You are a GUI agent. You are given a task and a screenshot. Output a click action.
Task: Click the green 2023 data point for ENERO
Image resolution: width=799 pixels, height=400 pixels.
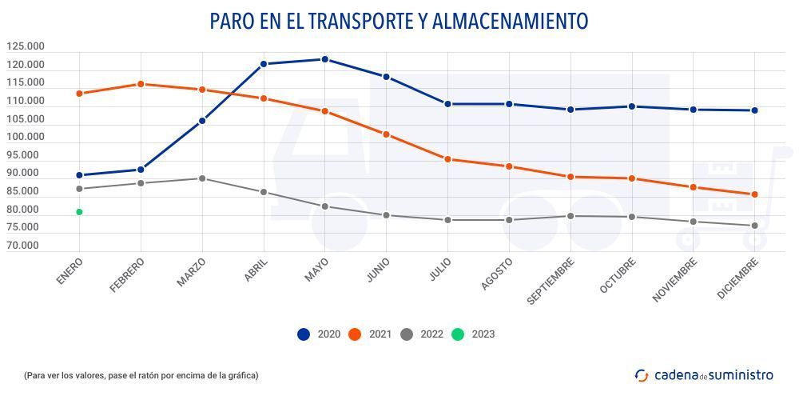click(79, 212)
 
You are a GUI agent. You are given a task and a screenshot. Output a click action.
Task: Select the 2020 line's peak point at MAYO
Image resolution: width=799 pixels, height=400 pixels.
click(324, 59)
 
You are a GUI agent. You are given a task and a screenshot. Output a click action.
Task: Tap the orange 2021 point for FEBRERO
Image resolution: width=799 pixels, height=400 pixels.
click(141, 84)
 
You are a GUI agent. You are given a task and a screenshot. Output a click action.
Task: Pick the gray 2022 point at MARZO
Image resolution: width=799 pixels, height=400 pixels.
click(202, 178)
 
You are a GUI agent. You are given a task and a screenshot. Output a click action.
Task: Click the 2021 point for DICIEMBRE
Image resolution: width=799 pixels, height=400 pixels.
click(754, 194)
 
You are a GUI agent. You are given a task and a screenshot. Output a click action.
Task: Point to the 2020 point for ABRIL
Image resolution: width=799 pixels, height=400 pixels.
click(264, 64)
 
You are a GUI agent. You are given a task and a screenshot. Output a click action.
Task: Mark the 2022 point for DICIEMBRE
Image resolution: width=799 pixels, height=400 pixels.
click(754, 226)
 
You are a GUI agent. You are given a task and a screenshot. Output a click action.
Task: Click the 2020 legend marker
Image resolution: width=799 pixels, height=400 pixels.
click(304, 334)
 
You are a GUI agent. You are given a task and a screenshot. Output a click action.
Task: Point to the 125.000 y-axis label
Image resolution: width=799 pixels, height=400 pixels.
click(25, 47)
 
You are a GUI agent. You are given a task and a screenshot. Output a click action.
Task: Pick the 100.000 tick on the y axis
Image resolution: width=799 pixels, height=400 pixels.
click(25, 138)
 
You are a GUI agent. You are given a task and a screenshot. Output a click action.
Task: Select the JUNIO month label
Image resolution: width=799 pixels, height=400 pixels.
click(377, 273)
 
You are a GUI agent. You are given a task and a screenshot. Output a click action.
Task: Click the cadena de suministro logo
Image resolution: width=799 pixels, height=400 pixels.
click(704, 374)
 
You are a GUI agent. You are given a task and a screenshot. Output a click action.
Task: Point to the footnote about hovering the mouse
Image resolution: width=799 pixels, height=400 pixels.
click(141, 375)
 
